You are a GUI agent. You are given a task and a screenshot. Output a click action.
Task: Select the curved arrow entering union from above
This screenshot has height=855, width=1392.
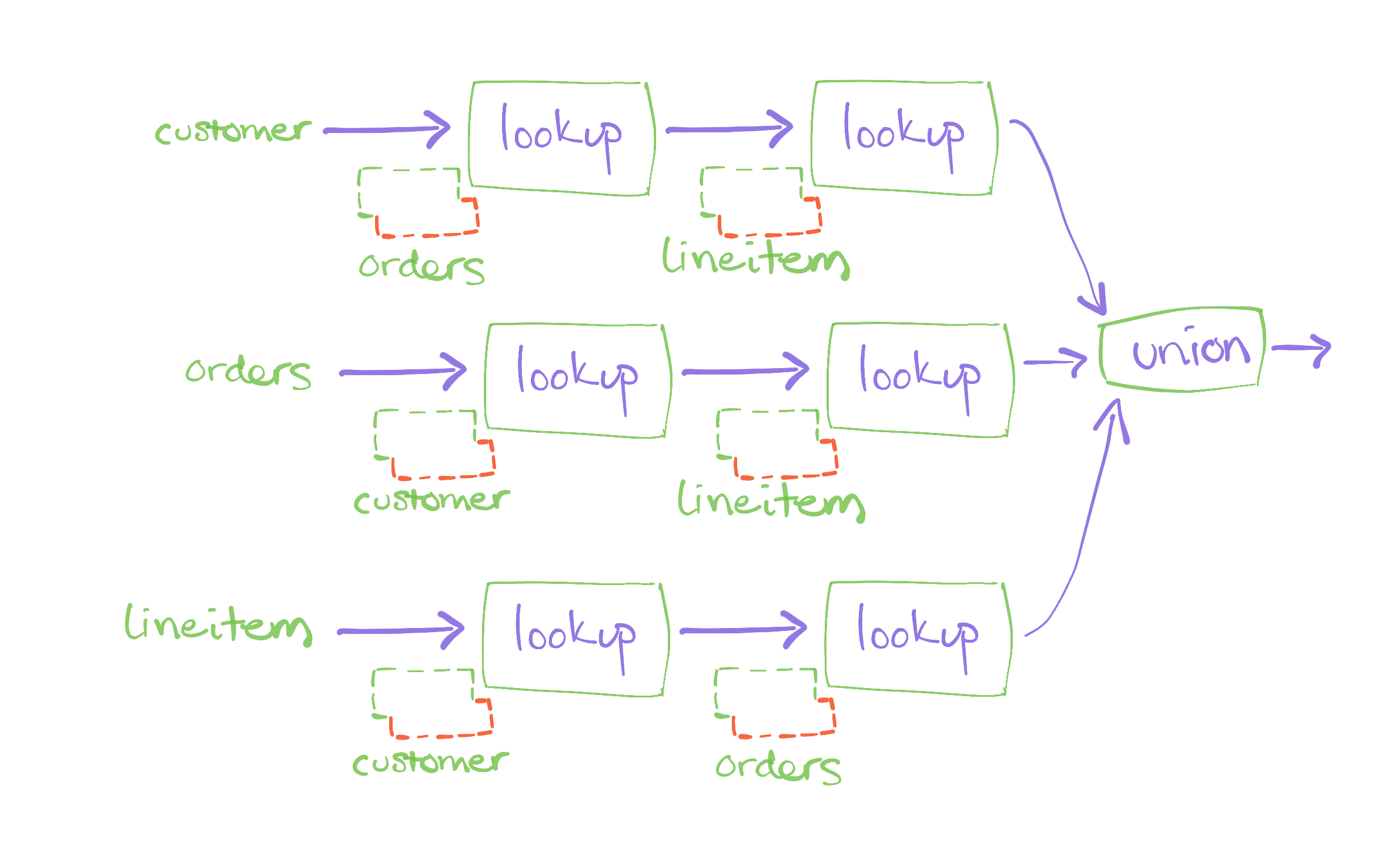pos(1058,200)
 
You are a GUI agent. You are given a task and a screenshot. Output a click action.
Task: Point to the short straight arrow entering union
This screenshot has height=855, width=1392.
pos(1055,361)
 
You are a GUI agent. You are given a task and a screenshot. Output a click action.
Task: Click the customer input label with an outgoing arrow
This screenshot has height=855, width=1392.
pos(233,131)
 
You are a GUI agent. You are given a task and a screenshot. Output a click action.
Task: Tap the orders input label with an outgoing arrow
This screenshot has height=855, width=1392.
pos(248,373)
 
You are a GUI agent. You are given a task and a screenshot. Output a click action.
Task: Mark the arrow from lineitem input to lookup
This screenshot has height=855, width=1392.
pos(400,631)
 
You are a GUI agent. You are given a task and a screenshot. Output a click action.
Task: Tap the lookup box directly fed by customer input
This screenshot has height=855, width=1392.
pos(561,139)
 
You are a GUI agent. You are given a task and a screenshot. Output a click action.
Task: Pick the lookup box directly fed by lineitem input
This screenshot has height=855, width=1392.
pos(575,639)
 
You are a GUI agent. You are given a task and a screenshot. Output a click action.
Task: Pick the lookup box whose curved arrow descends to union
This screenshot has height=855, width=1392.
pos(904,138)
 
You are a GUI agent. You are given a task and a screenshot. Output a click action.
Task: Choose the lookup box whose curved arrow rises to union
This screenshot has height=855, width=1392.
pos(918,639)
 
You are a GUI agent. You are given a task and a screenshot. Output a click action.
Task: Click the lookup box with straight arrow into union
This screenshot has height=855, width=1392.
pos(920,380)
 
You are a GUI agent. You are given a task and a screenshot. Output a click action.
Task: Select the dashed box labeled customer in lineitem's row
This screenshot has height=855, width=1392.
pos(432,703)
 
